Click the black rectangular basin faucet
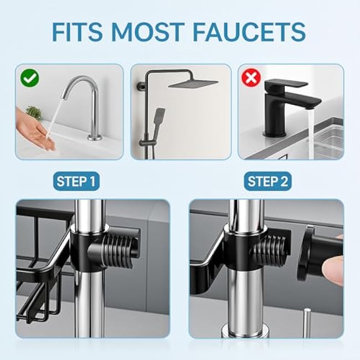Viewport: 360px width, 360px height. [x=282, y=105]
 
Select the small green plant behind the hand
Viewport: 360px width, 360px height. [x=34, y=112]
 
